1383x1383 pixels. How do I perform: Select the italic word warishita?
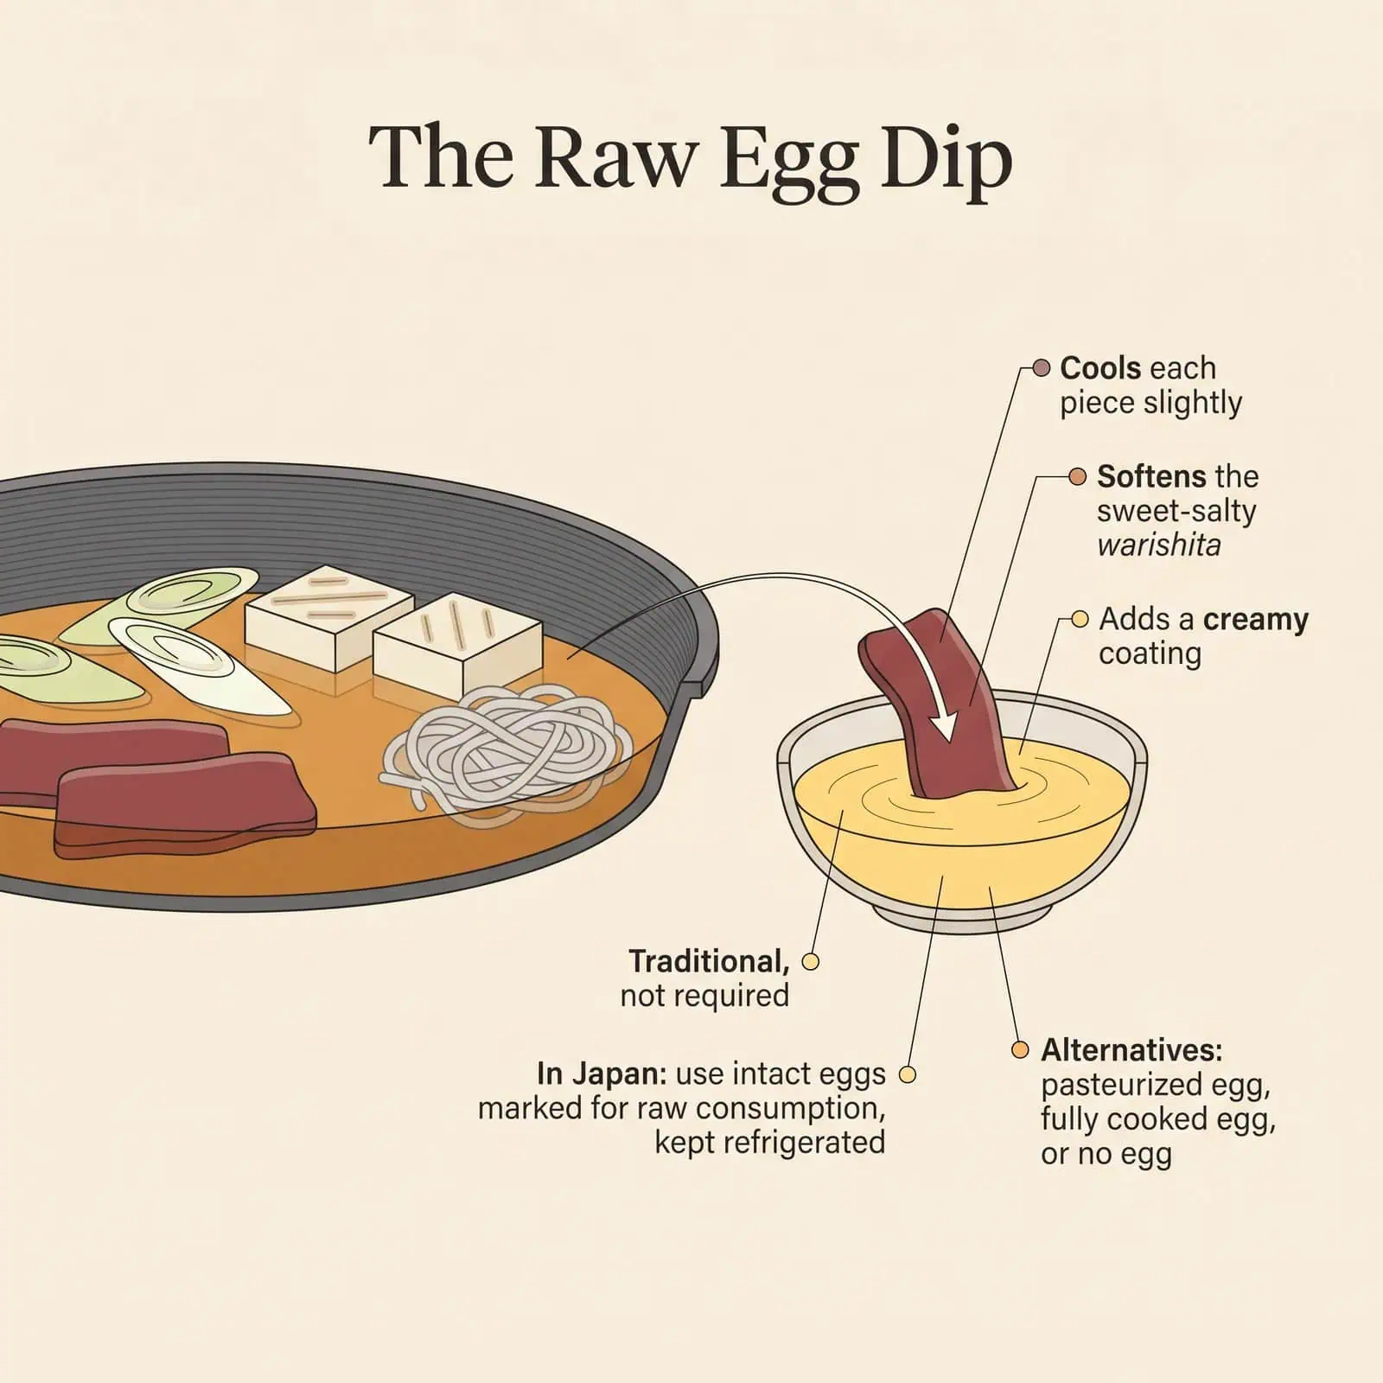(x=1158, y=545)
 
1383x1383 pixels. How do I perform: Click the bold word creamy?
(x=1255, y=619)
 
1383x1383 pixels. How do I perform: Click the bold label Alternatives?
(x=1131, y=1050)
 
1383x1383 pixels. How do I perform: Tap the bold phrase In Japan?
(x=602, y=1074)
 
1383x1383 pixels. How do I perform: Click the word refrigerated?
(x=769, y=1143)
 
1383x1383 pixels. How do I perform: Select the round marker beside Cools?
(x=1042, y=368)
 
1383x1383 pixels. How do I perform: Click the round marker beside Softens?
(x=1077, y=476)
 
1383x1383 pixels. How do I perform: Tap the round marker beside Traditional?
(x=810, y=961)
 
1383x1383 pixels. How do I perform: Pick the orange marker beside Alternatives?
(x=1021, y=1050)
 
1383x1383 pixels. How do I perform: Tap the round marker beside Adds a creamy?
(x=1079, y=619)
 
